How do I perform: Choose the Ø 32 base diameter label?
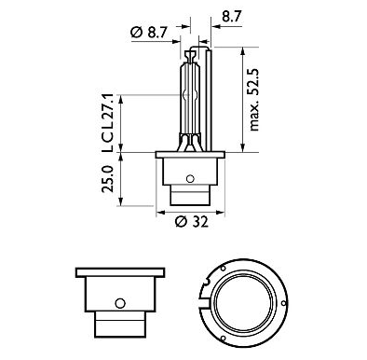(x=190, y=222)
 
